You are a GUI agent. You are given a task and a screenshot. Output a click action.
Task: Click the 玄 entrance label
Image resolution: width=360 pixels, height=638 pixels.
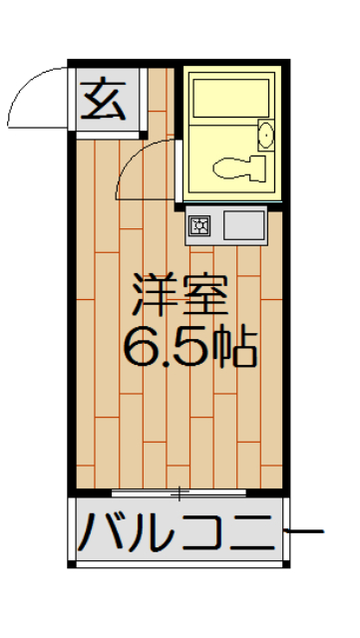[103, 99]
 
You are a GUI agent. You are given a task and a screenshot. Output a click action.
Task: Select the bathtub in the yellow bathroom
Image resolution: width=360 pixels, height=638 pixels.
[231, 100]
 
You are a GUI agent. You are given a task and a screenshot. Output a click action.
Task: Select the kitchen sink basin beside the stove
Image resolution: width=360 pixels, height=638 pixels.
[243, 225]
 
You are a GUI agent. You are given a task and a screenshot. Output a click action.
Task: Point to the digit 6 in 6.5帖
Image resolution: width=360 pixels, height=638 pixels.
[140, 345]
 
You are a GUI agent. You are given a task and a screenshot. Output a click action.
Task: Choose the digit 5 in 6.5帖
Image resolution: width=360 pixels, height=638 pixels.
[193, 345]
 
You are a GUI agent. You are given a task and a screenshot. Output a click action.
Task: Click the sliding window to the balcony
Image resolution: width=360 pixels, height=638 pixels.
[180, 492]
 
